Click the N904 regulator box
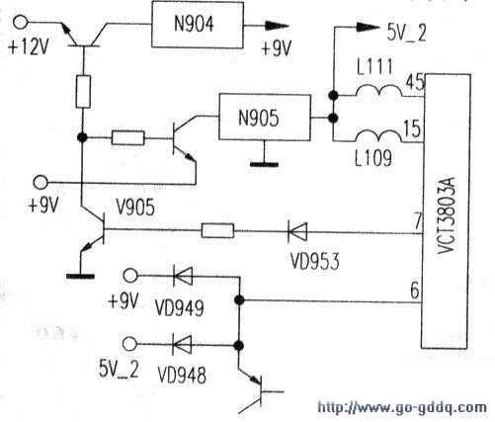[x=198, y=25]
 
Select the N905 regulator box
[x=265, y=118]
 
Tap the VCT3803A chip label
[x=447, y=215]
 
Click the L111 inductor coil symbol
[x=379, y=91]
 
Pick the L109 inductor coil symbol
[x=379, y=136]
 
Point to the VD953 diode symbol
[x=297, y=232]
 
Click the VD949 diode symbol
[x=183, y=276]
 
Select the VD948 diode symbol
[x=182, y=345]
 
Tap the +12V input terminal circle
[x=21, y=22]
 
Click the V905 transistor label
[x=135, y=208]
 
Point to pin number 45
[x=414, y=82]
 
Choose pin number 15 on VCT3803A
[x=413, y=128]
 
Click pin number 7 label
[x=418, y=221]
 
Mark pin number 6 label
[x=415, y=291]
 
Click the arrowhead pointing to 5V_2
[x=368, y=27]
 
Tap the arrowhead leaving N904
[x=278, y=26]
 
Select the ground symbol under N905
[x=264, y=164]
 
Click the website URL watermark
[x=402, y=407]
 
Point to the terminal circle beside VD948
[x=130, y=344]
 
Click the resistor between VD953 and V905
[x=217, y=230]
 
